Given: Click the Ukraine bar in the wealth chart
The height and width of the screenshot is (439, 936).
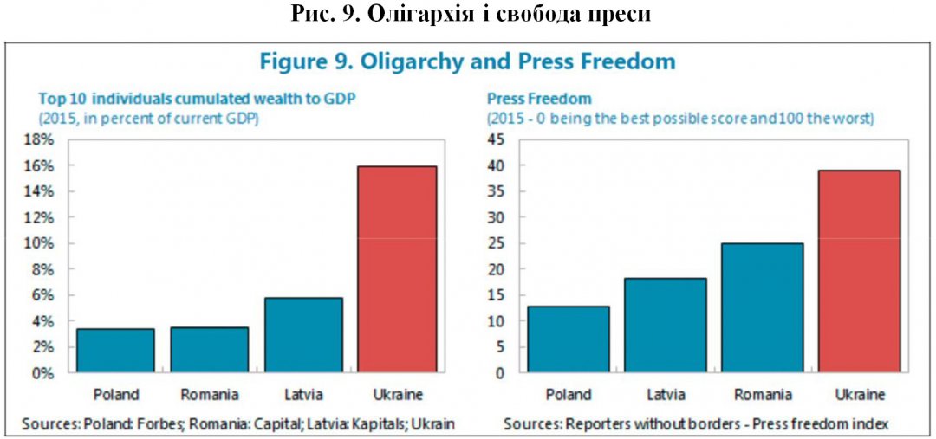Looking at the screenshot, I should (397, 269).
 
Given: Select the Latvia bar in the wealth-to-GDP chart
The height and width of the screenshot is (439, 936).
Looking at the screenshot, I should (303, 335).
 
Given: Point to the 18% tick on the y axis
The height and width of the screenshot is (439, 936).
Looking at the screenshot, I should (42, 139).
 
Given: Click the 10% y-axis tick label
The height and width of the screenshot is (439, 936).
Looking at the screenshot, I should (42, 243).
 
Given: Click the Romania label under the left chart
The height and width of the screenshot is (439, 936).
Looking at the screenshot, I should (210, 395).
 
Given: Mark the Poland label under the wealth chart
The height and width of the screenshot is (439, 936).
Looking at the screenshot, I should (115, 395).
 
